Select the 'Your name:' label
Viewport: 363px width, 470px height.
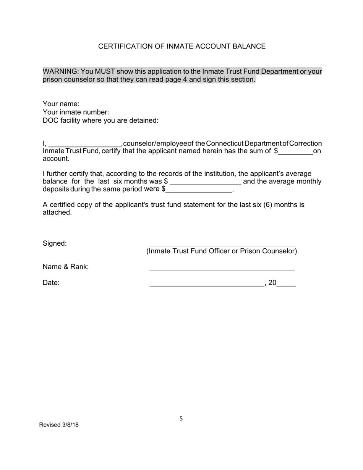pos(61,104)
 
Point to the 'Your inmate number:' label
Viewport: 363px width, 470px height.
pos(76,112)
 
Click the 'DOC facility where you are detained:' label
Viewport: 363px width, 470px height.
pos(100,120)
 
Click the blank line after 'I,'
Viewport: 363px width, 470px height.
pos(84,144)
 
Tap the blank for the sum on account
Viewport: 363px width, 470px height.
pos(295,152)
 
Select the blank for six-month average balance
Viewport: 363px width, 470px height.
pos(205,182)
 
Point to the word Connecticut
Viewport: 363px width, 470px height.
pos(224,143)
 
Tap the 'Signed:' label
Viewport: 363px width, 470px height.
pos(55,243)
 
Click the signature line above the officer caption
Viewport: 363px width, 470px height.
pos(222,246)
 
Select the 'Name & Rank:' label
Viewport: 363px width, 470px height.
pos(66,267)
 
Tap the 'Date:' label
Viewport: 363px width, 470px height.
pos(51,283)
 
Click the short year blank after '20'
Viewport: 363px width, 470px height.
pos(286,284)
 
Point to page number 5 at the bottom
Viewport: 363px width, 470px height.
pos(181,419)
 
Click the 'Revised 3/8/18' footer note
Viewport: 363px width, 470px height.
pos(59,425)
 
